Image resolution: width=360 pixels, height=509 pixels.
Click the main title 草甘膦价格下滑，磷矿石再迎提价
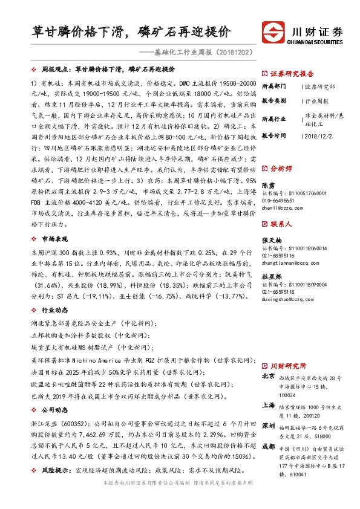(131, 31)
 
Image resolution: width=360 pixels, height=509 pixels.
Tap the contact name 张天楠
(272, 240)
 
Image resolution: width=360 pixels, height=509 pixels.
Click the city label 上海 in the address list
(268, 405)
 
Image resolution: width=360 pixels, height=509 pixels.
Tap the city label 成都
(268, 447)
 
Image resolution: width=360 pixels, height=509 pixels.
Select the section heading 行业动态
(57, 308)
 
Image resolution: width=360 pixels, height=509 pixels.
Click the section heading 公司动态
(57, 409)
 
